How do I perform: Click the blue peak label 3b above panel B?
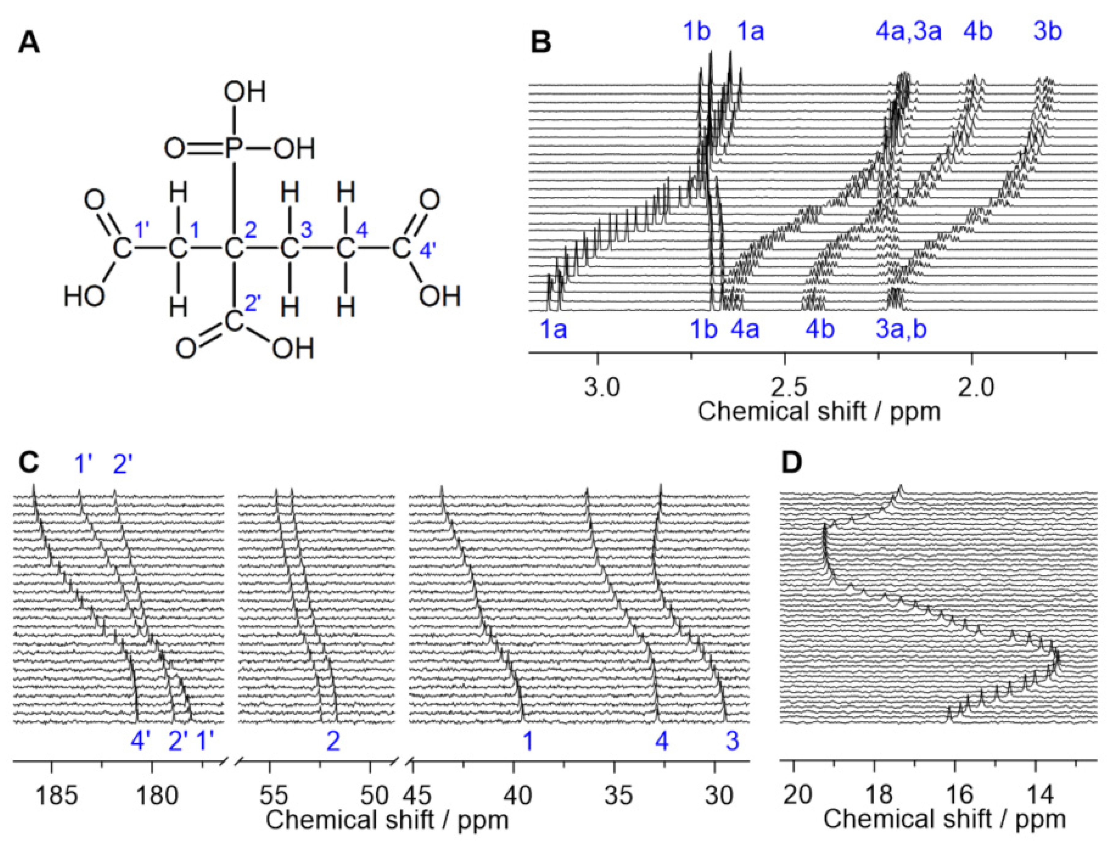[1048, 32]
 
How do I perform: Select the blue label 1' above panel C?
[82, 463]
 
